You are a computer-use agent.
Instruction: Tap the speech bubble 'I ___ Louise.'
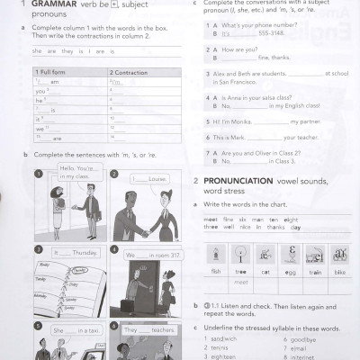148,178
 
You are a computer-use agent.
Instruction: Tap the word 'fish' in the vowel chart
216,271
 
